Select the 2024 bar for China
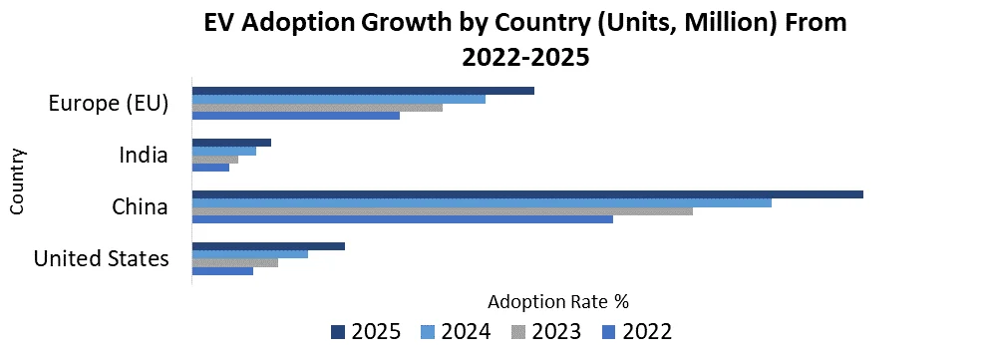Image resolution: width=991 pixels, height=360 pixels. click(x=482, y=202)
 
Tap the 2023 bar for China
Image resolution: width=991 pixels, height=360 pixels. click(x=442, y=210)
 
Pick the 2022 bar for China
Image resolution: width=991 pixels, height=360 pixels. click(x=402, y=218)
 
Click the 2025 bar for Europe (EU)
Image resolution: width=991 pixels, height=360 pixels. click(x=363, y=91)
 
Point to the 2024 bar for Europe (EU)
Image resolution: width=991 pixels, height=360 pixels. click(x=338, y=99)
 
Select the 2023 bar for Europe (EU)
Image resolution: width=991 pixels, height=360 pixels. click(x=317, y=107)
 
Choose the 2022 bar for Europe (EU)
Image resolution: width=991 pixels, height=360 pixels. click(x=295, y=115)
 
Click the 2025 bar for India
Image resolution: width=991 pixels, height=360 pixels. click(x=231, y=143)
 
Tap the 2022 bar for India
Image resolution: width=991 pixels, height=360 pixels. click(x=210, y=167)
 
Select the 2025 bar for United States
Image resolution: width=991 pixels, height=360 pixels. click(x=268, y=246)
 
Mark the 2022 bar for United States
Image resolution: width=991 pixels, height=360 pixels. click(x=222, y=270)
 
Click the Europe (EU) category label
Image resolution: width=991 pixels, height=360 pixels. click(x=109, y=103)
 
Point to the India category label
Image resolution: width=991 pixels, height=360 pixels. click(x=143, y=155)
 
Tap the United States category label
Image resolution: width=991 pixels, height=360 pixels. click(x=101, y=258)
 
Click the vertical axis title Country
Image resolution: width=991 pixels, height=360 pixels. click(x=17, y=180)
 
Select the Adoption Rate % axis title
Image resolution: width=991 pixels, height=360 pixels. click(x=558, y=300)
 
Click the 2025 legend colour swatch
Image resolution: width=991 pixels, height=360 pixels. click(x=337, y=331)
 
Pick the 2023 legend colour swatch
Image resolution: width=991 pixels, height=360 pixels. click(x=518, y=331)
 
